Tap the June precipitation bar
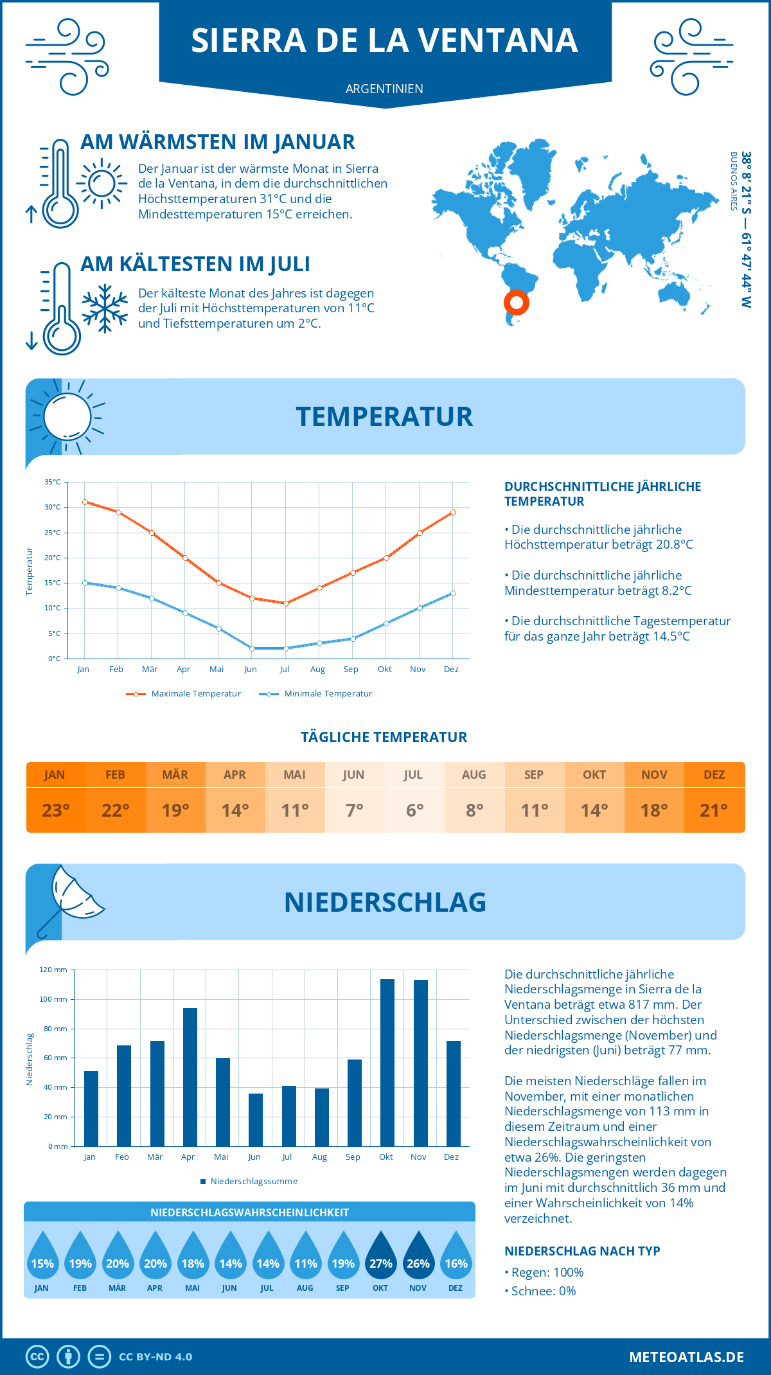coord(256,1120)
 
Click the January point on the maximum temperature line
coord(85,502)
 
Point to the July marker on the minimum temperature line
coord(286,648)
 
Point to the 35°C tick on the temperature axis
coord(53,482)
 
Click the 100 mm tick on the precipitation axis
coord(53,999)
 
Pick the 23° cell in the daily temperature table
coord(56,810)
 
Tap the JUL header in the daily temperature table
coord(413,775)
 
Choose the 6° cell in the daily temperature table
coord(414,810)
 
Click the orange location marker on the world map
coord(516,302)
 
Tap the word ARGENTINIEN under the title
coord(384,89)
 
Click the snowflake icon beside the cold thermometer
coord(105,308)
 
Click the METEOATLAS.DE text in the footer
coord(686,1357)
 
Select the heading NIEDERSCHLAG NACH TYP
coord(582,1251)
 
